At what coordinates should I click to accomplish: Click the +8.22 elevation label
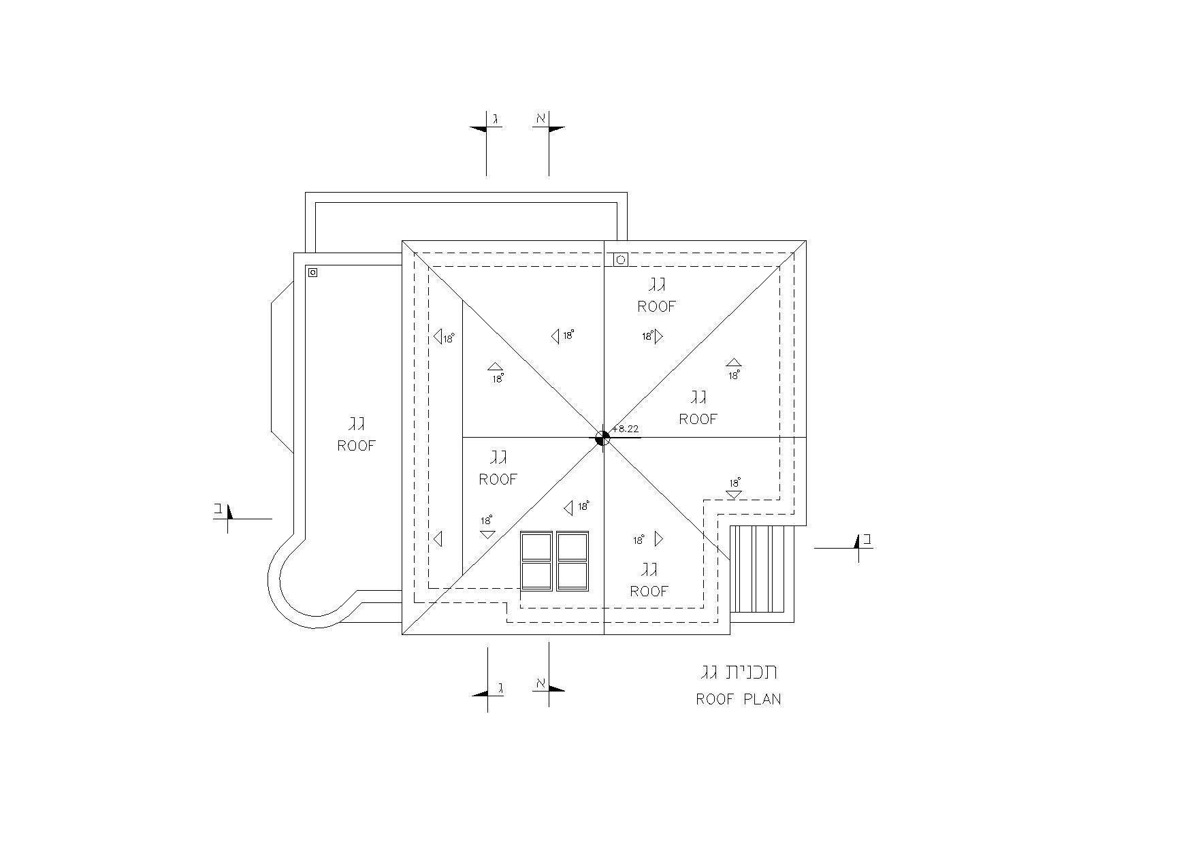[x=626, y=429]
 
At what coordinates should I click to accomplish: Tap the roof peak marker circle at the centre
[x=602, y=438]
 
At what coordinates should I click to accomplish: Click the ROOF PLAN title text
[x=738, y=699]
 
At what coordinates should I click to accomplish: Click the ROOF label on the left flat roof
[x=357, y=446]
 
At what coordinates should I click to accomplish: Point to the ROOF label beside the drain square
[x=656, y=306]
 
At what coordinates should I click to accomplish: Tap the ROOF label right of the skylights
[x=649, y=591]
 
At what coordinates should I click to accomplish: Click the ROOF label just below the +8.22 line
[x=698, y=419]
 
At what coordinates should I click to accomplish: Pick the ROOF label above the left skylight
[x=498, y=479]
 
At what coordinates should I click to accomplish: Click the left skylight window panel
[x=536, y=561]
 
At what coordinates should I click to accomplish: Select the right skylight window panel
[x=572, y=561]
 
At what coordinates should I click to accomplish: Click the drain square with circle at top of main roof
[x=620, y=259]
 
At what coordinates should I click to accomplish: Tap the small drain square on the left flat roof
[x=312, y=272]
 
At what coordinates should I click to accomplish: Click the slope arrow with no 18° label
[x=438, y=539]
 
